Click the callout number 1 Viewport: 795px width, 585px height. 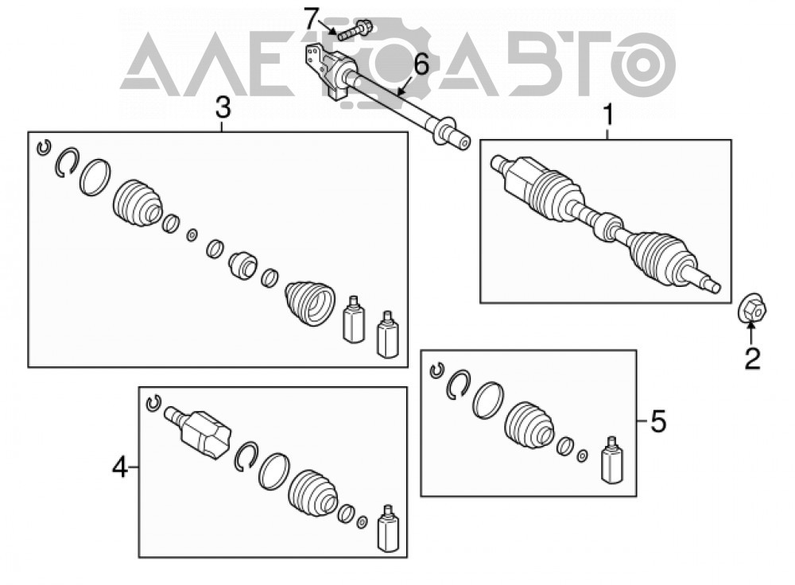pos(608,114)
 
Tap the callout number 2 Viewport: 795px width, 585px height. pos(752,358)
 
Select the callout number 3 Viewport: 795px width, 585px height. pos(223,107)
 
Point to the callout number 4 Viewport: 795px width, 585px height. pos(120,467)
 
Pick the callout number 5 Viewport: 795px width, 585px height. pos(658,421)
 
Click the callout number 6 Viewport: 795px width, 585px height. pos(421,64)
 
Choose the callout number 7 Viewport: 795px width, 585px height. pos(312,19)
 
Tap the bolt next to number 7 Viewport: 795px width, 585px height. pos(355,29)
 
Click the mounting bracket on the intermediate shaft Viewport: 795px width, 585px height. pos(325,71)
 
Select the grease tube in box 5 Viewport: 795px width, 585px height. pos(612,459)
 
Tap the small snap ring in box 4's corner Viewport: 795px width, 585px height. pos(153,402)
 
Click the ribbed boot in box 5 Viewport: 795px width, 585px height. pos(529,425)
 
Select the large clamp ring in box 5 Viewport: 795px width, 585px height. pos(488,400)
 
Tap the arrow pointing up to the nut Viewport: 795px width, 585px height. pos(752,335)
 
